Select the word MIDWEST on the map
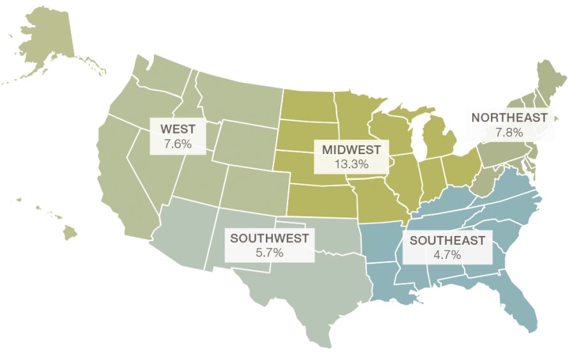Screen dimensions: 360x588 coord(351,150)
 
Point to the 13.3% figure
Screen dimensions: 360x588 coord(351,164)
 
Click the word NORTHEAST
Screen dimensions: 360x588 coord(509,118)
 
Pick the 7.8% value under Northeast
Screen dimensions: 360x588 coord(509,132)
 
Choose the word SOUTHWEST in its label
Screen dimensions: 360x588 coord(269,239)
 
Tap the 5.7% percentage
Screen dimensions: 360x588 coord(269,253)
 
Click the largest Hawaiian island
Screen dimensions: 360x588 coord(70,233)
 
